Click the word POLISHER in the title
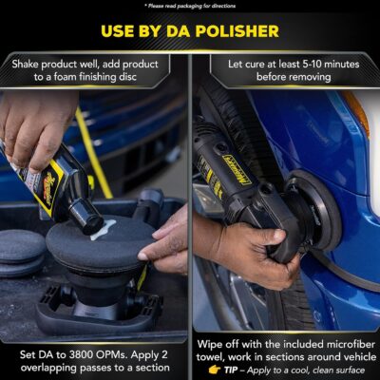click(233, 31)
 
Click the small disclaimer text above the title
click(189, 6)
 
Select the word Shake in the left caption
click(31, 64)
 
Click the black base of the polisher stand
click(90, 310)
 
